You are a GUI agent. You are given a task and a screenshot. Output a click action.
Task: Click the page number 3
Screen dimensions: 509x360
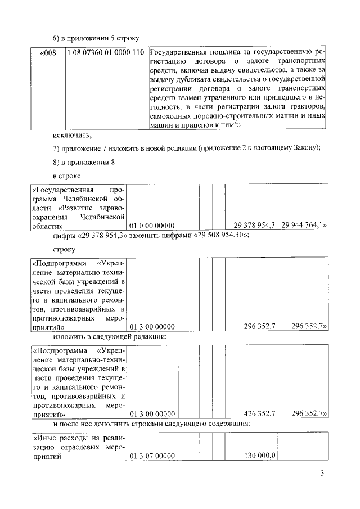(x=323, y=473)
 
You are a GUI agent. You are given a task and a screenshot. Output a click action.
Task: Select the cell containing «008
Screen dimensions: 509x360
(x=49, y=53)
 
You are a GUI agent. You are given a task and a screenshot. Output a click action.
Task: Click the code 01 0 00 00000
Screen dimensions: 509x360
(x=152, y=225)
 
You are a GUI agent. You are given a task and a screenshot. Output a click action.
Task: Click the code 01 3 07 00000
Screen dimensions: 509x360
(x=152, y=456)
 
